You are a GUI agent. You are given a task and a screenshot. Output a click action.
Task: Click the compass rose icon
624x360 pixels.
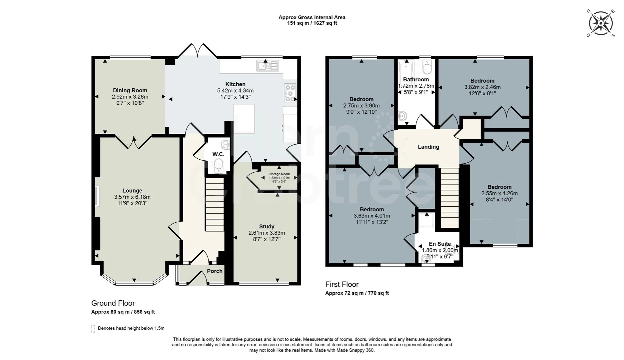tap(601, 23)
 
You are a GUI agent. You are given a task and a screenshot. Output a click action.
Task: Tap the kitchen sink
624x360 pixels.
tap(268, 66)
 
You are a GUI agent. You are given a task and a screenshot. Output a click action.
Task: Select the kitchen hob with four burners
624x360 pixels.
tap(290, 93)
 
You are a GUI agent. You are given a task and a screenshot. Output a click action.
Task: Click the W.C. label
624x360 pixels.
tap(218, 154)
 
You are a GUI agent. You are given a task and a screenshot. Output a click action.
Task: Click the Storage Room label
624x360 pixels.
tap(279, 174)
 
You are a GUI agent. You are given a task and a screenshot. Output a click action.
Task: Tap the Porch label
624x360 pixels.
tap(215, 271)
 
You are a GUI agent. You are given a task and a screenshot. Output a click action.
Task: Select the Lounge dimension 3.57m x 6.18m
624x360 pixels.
tap(132, 197)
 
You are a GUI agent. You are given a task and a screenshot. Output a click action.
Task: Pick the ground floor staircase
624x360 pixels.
tap(214, 204)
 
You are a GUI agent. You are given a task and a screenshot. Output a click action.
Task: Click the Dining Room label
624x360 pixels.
tap(130, 90)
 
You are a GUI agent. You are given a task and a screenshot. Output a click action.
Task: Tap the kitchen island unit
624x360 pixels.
tap(244, 119)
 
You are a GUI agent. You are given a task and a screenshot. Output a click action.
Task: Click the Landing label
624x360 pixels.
tap(428, 147)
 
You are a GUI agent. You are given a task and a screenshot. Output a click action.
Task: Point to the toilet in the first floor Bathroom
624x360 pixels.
tap(427, 67)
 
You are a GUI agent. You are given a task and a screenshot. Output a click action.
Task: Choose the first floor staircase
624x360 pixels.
tap(450, 197)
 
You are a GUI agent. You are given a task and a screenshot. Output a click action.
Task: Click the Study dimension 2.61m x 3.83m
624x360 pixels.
tap(267, 233)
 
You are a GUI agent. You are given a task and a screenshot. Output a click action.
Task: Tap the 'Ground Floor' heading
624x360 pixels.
tap(113, 303)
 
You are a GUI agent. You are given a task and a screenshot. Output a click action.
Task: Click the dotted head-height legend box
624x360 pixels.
tap(93, 329)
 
